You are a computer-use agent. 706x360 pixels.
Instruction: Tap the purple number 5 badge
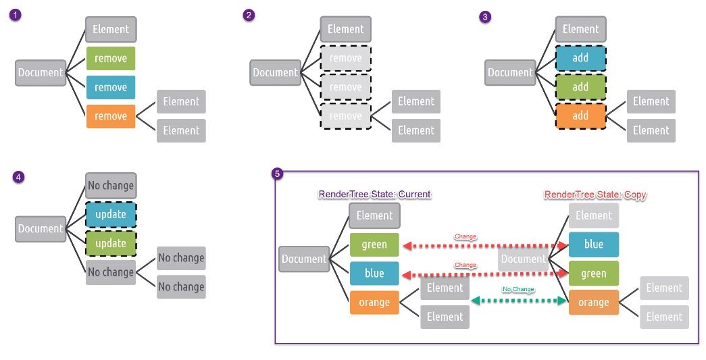pos(277,174)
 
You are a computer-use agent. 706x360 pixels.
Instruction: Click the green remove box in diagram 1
pos(111,58)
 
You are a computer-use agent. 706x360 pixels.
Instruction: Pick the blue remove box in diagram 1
pos(111,87)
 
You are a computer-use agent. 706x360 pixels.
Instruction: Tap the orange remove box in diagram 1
pos(111,116)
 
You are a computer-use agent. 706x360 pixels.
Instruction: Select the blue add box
pos(580,58)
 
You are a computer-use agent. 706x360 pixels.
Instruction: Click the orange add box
pos(580,115)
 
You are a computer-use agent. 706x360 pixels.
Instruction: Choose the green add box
pos(580,87)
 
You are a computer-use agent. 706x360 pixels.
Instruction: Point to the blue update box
pos(111,214)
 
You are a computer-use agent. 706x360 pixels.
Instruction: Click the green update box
pos(111,243)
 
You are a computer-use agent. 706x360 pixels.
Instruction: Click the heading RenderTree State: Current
pos(374,195)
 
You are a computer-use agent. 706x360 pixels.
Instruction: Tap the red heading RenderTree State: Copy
pos(595,195)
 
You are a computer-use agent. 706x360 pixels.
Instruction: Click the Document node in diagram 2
pos(275,72)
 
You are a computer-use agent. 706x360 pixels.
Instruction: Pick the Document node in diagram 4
pos(40,228)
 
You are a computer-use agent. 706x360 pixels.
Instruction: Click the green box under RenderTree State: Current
pos(374,244)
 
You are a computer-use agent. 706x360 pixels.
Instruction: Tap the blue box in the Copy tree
pos(594,244)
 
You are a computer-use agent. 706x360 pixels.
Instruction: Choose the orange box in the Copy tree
pos(594,302)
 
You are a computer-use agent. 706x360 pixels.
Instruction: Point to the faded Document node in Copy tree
pos(524,259)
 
